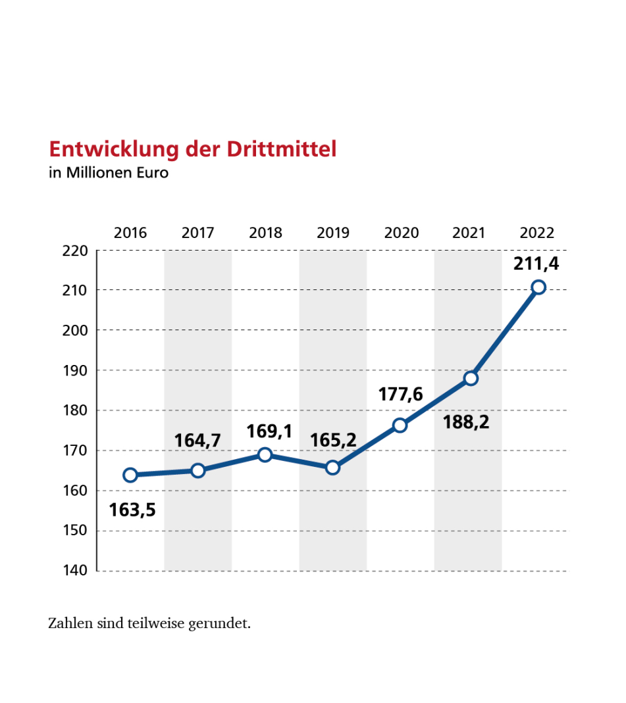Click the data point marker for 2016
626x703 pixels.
click(130, 475)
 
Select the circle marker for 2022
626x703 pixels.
click(538, 287)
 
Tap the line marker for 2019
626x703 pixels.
click(332, 468)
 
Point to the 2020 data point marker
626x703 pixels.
click(400, 425)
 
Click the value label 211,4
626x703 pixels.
click(536, 264)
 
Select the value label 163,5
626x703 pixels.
click(132, 509)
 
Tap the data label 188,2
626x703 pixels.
click(466, 422)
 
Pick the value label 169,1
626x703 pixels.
click(269, 432)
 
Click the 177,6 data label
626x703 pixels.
click(400, 395)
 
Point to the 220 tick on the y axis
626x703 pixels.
click(75, 251)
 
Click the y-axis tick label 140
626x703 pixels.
click(75, 570)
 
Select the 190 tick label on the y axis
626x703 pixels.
click(75, 370)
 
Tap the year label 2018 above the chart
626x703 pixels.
click(265, 233)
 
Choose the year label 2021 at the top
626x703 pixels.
click(468, 233)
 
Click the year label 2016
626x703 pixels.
click(130, 233)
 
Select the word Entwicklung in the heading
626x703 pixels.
click(115, 149)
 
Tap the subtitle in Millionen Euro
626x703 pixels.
click(109, 174)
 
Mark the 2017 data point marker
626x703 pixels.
click(198, 470)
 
